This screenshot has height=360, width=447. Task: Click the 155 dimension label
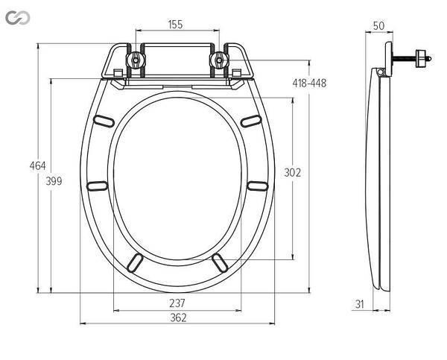click(175, 25)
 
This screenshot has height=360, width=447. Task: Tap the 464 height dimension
click(38, 165)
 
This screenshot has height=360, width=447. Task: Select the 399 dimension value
click(54, 181)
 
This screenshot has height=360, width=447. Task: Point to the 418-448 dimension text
click(309, 83)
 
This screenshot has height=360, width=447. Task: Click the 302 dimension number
click(293, 173)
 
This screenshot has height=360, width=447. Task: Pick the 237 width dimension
click(177, 303)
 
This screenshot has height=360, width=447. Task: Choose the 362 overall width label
click(179, 318)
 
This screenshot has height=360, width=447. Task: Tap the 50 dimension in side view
click(379, 26)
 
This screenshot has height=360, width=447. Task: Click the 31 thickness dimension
click(360, 304)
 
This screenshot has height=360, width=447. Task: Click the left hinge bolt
click(136, 60)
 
